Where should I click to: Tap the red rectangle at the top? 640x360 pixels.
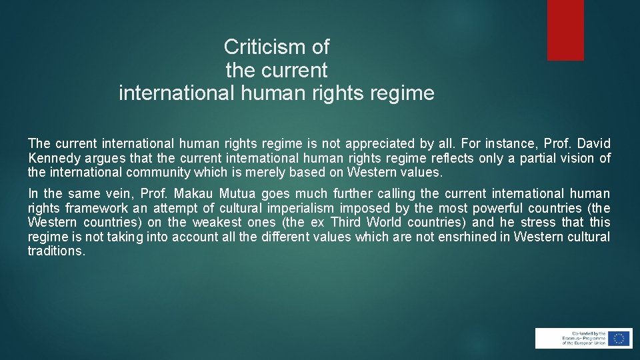click(565, 30)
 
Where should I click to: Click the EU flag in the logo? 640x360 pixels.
click(620, 338)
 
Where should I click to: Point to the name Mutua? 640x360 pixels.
click(237, 194)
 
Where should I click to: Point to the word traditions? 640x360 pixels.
click(56, 251)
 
